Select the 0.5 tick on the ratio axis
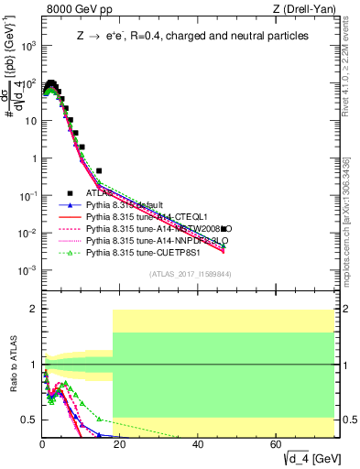click(29, 420)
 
